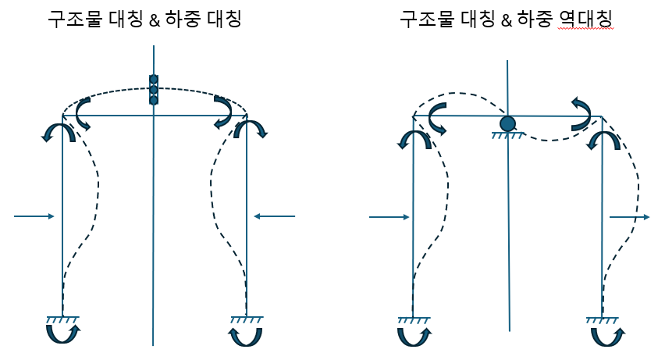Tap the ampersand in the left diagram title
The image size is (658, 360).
coord(148,18)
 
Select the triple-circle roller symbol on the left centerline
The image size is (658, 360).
coord(154,89)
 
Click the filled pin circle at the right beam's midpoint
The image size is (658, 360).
coord(507,123)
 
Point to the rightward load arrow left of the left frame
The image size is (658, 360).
coord(34,216)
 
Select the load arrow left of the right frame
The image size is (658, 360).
coord(389,216)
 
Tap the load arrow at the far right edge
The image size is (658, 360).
coord(629,216)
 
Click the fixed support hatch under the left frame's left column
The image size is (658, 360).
coord(62,319)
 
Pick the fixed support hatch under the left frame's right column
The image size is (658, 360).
coord(247,319)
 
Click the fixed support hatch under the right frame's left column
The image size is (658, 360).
coord(413,319)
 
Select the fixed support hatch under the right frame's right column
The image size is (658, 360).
coord(603,319)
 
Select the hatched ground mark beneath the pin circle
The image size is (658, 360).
coord(507,135)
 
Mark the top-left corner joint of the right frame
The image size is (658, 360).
coord(412,117)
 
